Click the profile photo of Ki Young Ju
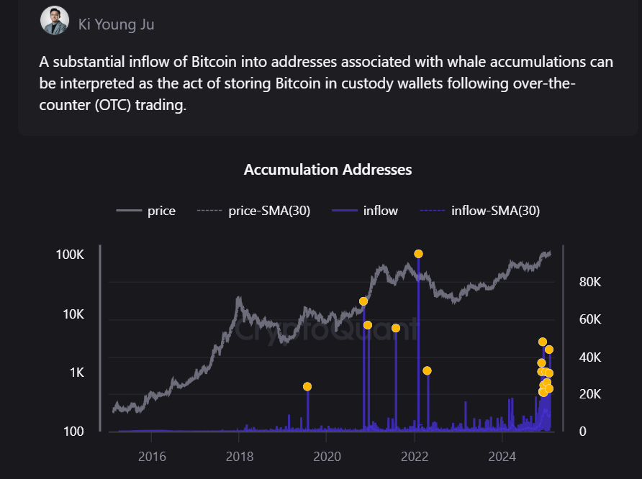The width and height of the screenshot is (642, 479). (x=55, y=21)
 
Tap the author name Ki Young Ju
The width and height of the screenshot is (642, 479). (x=116, y=24)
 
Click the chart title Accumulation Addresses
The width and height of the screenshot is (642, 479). (x=327, y=170)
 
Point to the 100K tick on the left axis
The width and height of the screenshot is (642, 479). (x=70, y=255)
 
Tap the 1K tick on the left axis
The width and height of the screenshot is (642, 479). (x=76, y=373)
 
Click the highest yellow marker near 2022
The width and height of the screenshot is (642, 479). (x=418, y=254)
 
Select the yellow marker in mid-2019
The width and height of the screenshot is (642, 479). (x=307, y=387)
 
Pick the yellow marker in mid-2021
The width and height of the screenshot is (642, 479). (x=396, y=328)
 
